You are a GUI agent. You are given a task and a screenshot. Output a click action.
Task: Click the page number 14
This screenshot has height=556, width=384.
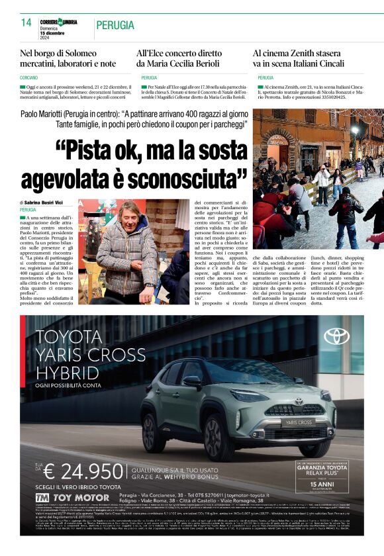pyautogui.click(x=26, y=23)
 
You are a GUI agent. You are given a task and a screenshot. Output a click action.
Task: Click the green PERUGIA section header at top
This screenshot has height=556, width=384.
pyautogui.click(x=115, y=25)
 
